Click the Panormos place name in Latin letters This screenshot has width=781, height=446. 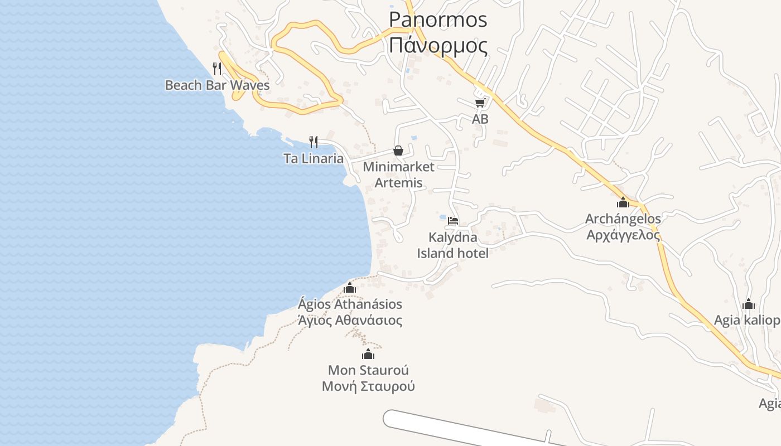click(x=438, y=20)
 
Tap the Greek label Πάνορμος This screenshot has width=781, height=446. click(x=438, y=45)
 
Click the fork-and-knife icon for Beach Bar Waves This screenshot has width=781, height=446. click(x=217, y=69)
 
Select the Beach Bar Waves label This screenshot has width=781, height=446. click(x=217, y=85)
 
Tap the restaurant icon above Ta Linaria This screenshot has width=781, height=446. click(x=314, y=142)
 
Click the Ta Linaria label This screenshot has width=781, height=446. click(x=314, y=158)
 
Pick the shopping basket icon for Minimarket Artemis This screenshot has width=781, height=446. click(x=398, y=151)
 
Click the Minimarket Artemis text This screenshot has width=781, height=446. click(x=398, y=174)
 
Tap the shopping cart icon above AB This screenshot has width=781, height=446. click(x=480, y=103)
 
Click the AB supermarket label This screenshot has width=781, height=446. click(x=480, y=119)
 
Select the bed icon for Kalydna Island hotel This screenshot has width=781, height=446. click(x=453, y=221)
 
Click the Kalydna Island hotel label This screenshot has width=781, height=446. click(x=452, y=245)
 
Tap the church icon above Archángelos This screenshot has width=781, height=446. click(x=623, y=202)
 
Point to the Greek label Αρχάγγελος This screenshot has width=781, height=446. click(x=623, y=235)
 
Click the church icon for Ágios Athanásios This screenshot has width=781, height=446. click(x=350, y=288)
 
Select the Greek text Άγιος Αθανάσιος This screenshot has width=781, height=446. click(x=350, y=321)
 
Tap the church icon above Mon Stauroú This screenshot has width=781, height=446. click(x=368, y=354)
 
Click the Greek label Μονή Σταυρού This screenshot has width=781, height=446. click(x=368, y=386)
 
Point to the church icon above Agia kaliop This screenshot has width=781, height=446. click(x=749, y=304)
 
